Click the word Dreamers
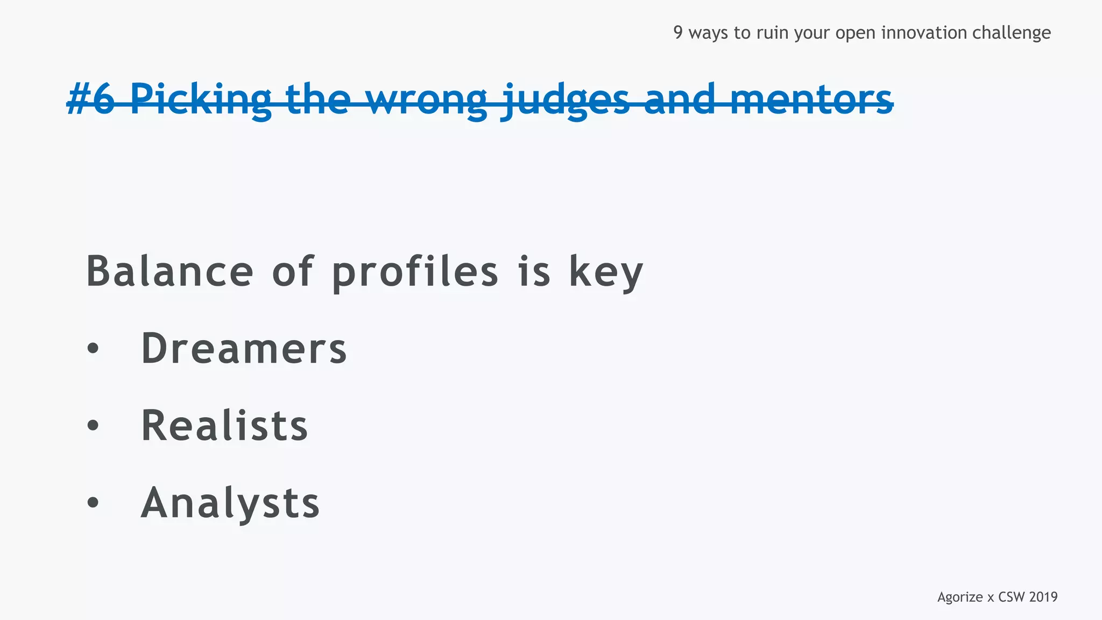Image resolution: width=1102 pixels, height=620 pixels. pyautogui.click(x=244, y=349)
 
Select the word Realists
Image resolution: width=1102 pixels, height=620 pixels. pyautogui.click(x=224, y=426)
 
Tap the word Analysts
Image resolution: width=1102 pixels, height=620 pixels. pyautogui.click(x=230, y=503)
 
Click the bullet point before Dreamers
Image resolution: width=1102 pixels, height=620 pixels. pyautogui.click(x=93, y=349)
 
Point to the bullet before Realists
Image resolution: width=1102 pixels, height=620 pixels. pyautogui.click(x=93, y=426)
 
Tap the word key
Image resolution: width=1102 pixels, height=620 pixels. pyautogui.click(x=606, y=272)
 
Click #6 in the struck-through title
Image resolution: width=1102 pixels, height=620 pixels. pyautogui.click(x=90, y=100)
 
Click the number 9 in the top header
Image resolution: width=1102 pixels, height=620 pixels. pyautogui.click(x=678, y=33)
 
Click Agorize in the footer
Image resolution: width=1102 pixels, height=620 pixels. pyautogui.click(x=960, y=597)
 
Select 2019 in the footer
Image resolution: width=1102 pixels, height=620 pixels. pyautogui.click(x=1043, y=597)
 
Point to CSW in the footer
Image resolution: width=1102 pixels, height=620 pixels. pyautogui.click(x=1011, y=597)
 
